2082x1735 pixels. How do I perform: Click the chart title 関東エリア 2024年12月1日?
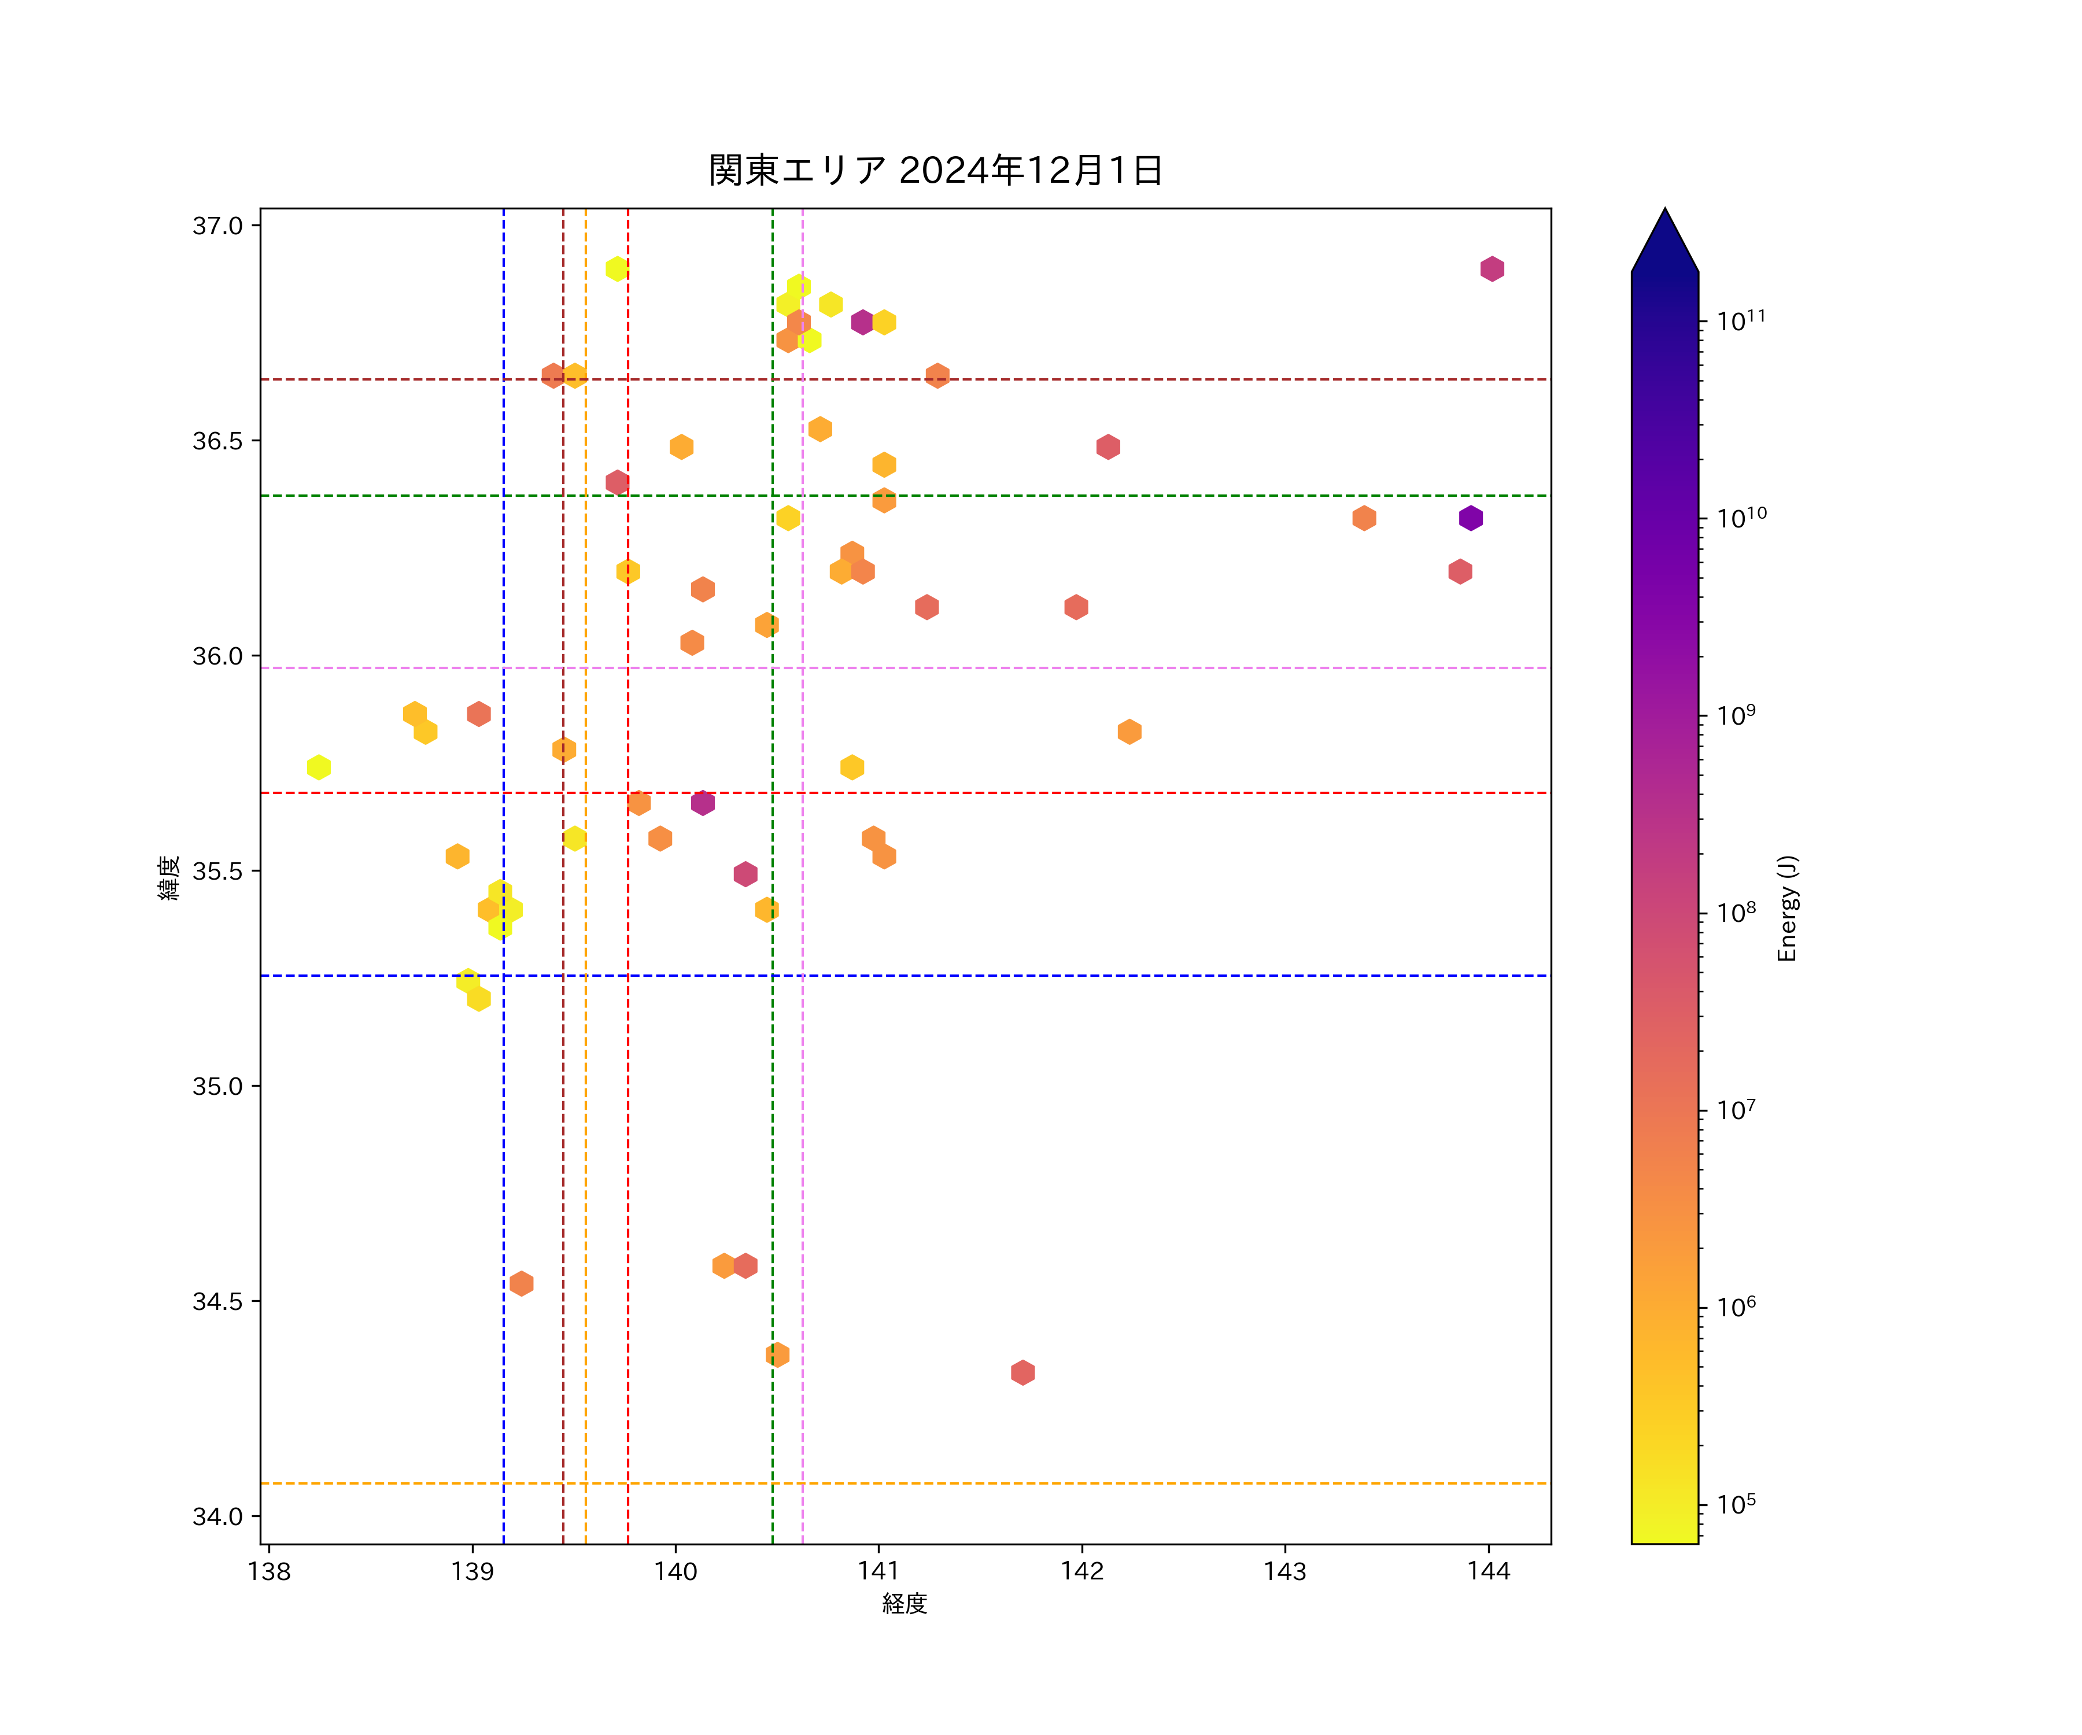(935, 171)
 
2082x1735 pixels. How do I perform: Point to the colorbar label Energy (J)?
(1786, 908)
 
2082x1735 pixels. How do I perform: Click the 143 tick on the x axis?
(1285, 1571)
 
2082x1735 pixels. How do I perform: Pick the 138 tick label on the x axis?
(269, 1571)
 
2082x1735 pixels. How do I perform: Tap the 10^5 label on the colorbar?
(1736, 1504)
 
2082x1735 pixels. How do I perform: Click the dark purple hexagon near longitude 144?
(1470, 518)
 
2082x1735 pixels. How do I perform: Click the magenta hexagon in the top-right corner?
(1492, 269)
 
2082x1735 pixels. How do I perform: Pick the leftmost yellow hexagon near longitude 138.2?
(318, 767)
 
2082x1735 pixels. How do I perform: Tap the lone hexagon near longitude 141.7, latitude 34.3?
(1023, 1372)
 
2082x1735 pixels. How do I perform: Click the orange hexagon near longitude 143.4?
(1364, 518)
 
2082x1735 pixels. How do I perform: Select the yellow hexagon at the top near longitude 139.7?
(617, 269)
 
